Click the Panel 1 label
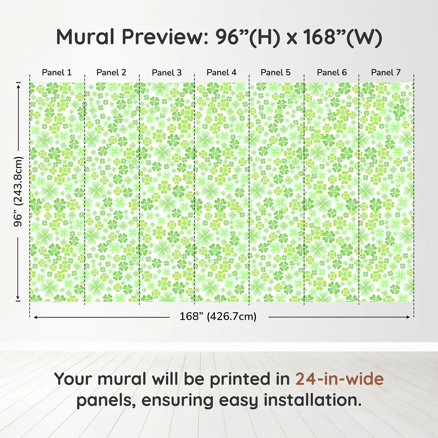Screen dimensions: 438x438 (x=57, y=73)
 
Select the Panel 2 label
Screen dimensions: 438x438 (x=111, y=73)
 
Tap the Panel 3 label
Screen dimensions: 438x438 (x=166, y=73)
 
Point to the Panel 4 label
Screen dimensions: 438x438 (x=222, y=73)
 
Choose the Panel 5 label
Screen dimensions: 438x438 (x=276, y=73)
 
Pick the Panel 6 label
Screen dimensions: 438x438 (x=332, y=73)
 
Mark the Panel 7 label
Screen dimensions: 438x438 (x=386, y=73)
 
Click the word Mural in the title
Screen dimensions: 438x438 (x=85, y=37)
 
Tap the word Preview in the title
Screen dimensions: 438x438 (x=163, y=37)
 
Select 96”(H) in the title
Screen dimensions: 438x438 (x=247, y=37)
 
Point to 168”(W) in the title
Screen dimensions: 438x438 (x=343, y=37)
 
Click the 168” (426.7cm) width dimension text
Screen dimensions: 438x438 (x=218, y=317)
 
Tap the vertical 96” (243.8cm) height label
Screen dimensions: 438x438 (x=18, y=191)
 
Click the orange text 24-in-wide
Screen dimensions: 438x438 (x=339, y=379)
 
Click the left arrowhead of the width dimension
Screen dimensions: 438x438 (x=35, y=317)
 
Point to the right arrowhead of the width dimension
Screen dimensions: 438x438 (x=408, y=317)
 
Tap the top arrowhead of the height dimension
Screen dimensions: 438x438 (x=18, y=84)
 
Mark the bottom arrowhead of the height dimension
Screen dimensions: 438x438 (x=18, y=298)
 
